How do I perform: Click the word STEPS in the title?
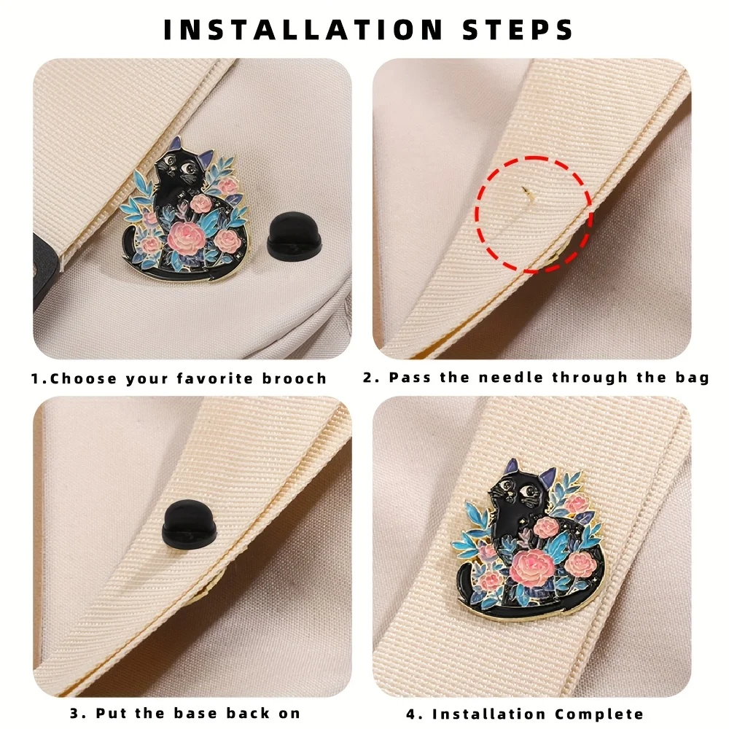tap(518, 30)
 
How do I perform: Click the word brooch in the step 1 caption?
tap(295, 378)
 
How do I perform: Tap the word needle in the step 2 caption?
tap(510, 378)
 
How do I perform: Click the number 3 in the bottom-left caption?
tap(75, 713)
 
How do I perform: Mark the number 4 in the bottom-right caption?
tap(411, 714)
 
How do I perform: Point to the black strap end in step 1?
tap(47, 270)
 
